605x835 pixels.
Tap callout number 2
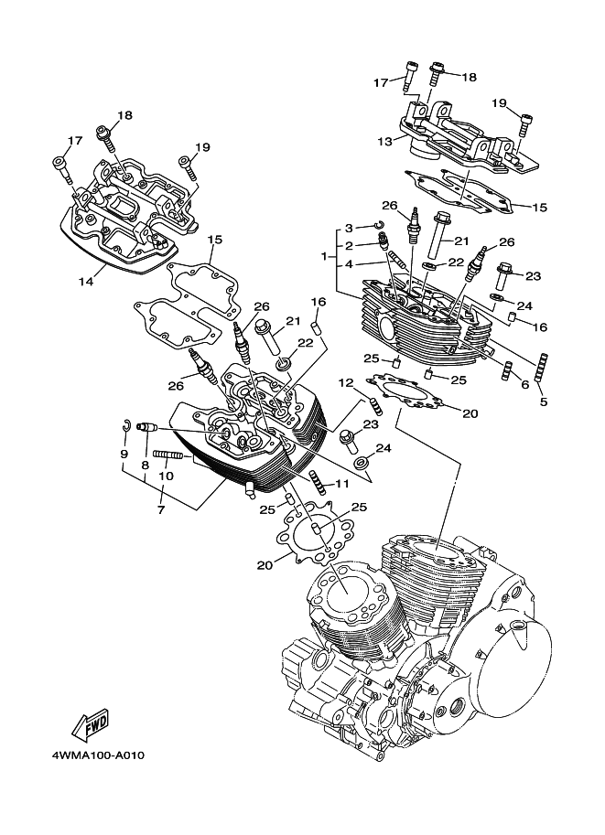click(349, 246)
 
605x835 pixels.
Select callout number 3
click(349, 228)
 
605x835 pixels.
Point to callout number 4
click(349, 265)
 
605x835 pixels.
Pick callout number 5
click(544, 401)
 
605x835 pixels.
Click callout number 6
click(524, 385)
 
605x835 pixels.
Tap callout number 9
click(124, 454)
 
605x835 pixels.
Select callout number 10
click(165, 476)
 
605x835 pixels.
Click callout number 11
click(341, 483)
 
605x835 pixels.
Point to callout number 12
click(347, 382)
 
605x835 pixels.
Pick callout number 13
click(384, 142)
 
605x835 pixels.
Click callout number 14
click(85, 282)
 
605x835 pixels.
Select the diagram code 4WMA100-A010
click(92, 755)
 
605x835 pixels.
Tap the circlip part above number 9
click(129, 423)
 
